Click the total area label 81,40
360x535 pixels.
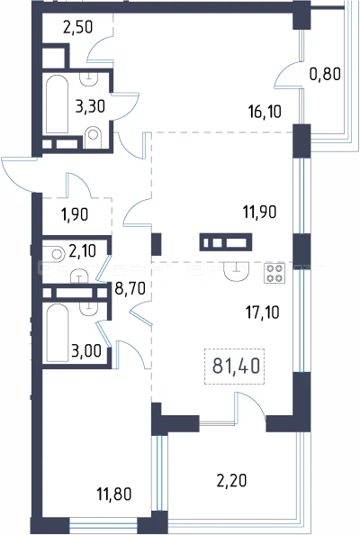coord(236,366)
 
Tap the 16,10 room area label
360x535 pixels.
coord(265,111)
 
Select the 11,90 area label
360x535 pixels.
coord(259,212)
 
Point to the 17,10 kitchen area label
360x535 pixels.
coord(263,312)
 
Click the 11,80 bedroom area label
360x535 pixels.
coord(114,494)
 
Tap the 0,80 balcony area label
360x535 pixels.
coord(325,74)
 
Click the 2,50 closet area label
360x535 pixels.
coord(78,27)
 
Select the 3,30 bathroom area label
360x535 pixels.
coord(90,106)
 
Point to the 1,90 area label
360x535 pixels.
coord(75,214)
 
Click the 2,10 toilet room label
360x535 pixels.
coord(82,251)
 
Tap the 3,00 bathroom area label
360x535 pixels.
coord(86,350)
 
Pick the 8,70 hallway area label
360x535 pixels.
coord(130,288)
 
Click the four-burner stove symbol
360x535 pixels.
coord(274,273)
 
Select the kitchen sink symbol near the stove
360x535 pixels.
coord(236,272)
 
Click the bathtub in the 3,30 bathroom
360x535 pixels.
coord(57,104)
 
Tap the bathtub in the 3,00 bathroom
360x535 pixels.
coord(58,332)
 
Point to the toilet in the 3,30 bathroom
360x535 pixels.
coord(93,137)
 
